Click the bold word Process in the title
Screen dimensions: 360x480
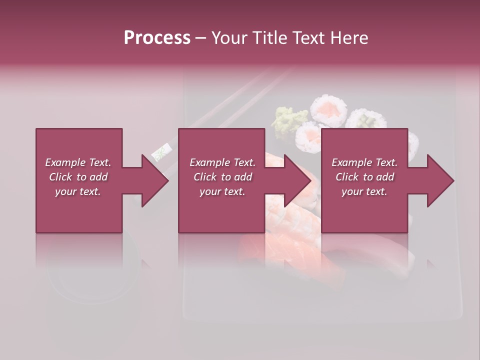[157, 38]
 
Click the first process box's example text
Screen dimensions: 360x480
[78, 177]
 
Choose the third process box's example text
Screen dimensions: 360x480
[364, 177]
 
